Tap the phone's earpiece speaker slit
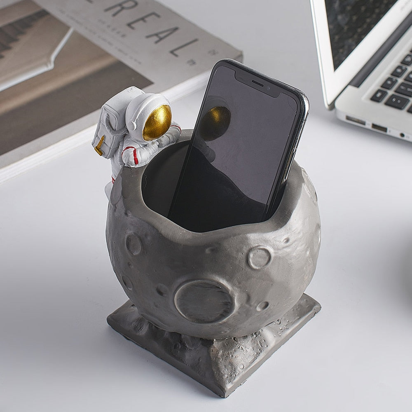257,83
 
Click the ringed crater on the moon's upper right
260,257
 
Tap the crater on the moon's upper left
133,244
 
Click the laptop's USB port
379,127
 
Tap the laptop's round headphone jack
402,135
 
